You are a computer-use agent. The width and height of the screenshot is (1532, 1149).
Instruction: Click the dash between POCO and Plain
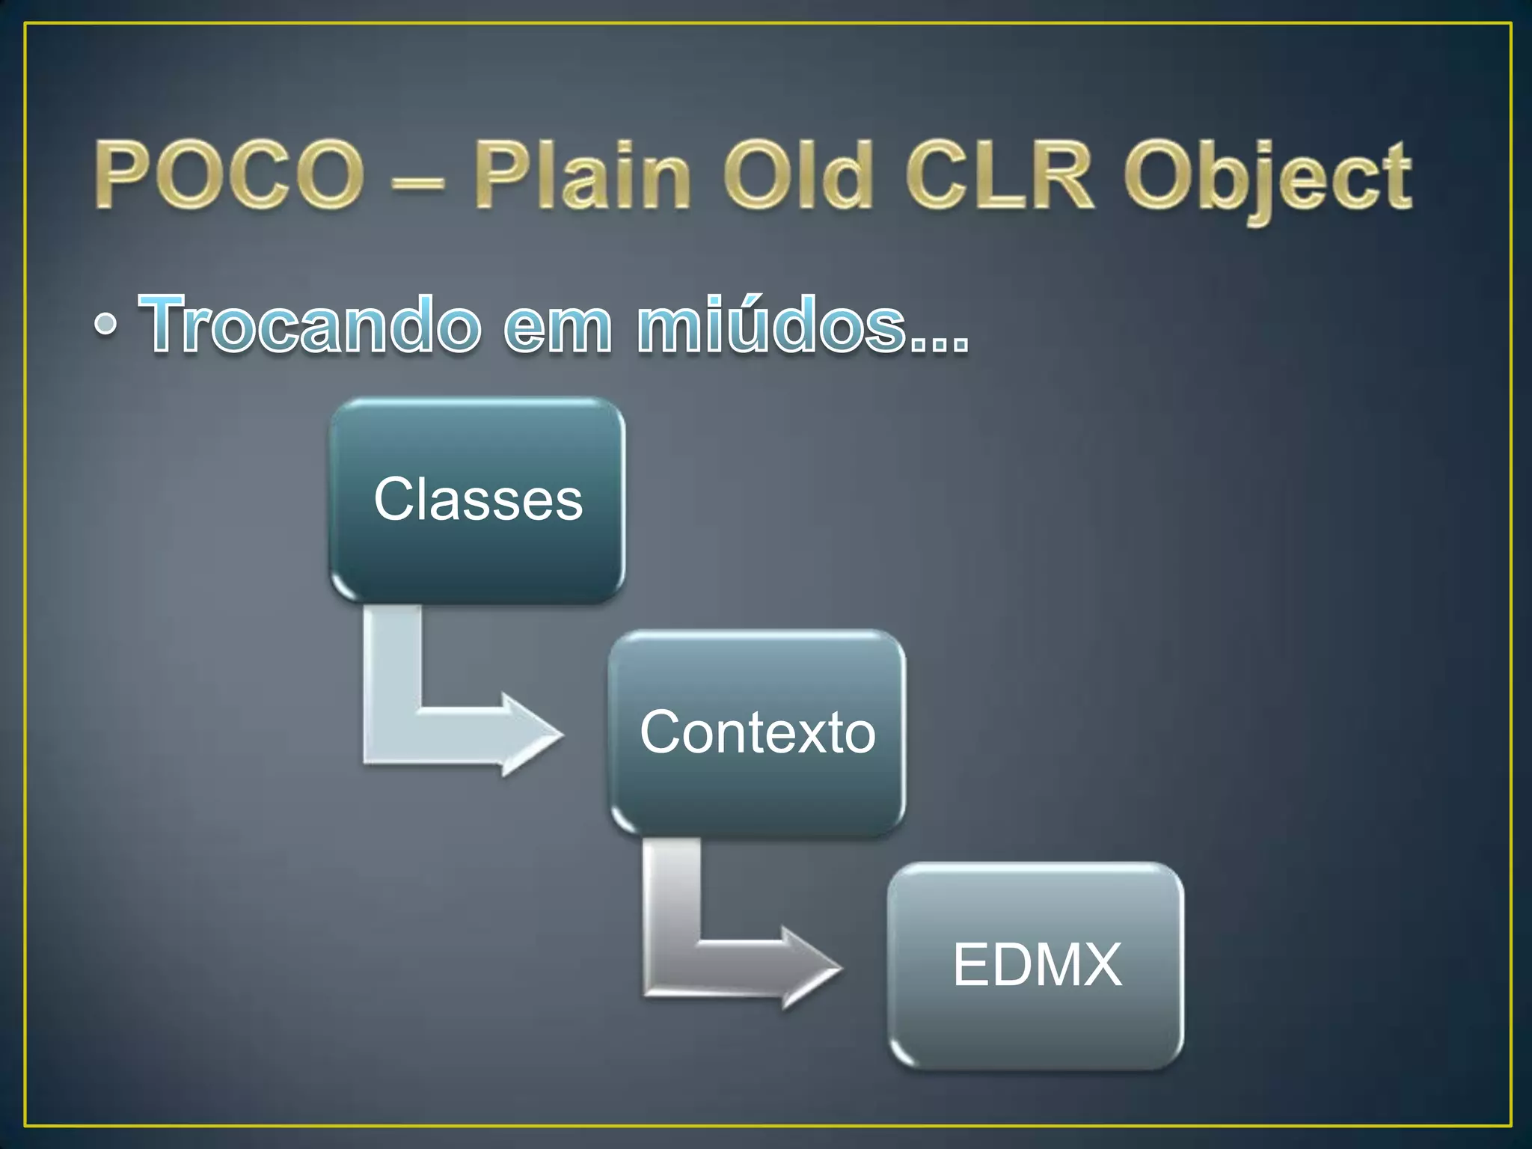tap(418, 180)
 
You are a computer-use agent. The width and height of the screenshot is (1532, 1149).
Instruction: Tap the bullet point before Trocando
tap(106, 324)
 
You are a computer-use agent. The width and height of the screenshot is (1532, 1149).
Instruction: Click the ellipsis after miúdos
tap(939, 344)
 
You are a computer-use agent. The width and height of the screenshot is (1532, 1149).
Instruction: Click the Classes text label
tap(478, 499)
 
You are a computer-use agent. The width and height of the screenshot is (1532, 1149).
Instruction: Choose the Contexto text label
tap(757, 732)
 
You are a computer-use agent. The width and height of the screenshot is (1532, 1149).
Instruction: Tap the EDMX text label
tap(1037, 965)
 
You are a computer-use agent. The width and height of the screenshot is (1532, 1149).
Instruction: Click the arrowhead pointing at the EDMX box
tap(812, 968)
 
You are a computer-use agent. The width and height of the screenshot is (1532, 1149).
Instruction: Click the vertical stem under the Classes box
tap(392, 658)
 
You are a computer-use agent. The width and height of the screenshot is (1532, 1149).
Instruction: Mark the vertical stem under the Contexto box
tap(672, 890)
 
